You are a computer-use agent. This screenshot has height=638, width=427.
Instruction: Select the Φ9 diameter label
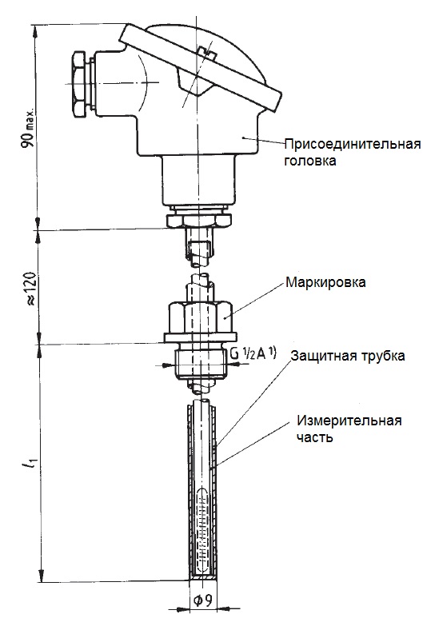coord(202,600)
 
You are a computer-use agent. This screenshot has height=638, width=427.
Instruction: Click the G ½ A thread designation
coord(253,353)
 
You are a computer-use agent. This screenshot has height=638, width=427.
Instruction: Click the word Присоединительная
coord(352,144)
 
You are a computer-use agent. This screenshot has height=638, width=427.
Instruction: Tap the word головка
coord(310,161)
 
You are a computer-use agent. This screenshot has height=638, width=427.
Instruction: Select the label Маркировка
coord(325,282)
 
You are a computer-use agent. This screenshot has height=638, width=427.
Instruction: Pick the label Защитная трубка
coord(348,356)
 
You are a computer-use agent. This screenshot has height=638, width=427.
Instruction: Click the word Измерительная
coord(349,420)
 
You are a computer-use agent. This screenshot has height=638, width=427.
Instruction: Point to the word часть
coord(315,437)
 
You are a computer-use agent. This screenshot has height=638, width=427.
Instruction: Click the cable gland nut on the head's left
coord(79,84)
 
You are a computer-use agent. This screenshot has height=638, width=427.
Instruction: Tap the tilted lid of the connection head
coord(200,67)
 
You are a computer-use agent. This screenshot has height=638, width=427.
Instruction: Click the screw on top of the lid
coord(206,52)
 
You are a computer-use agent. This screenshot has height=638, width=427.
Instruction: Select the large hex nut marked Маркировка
coord(200,317)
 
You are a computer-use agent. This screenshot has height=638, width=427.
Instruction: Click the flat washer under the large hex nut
coord(200,337)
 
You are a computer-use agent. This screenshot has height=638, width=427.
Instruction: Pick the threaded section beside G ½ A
coord(200,363)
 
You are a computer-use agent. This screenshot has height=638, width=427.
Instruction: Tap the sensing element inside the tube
coord(202,529)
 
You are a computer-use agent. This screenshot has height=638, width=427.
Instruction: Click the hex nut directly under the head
coord(199,220)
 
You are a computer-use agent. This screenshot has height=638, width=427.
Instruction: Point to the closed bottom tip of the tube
coord(203,578)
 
